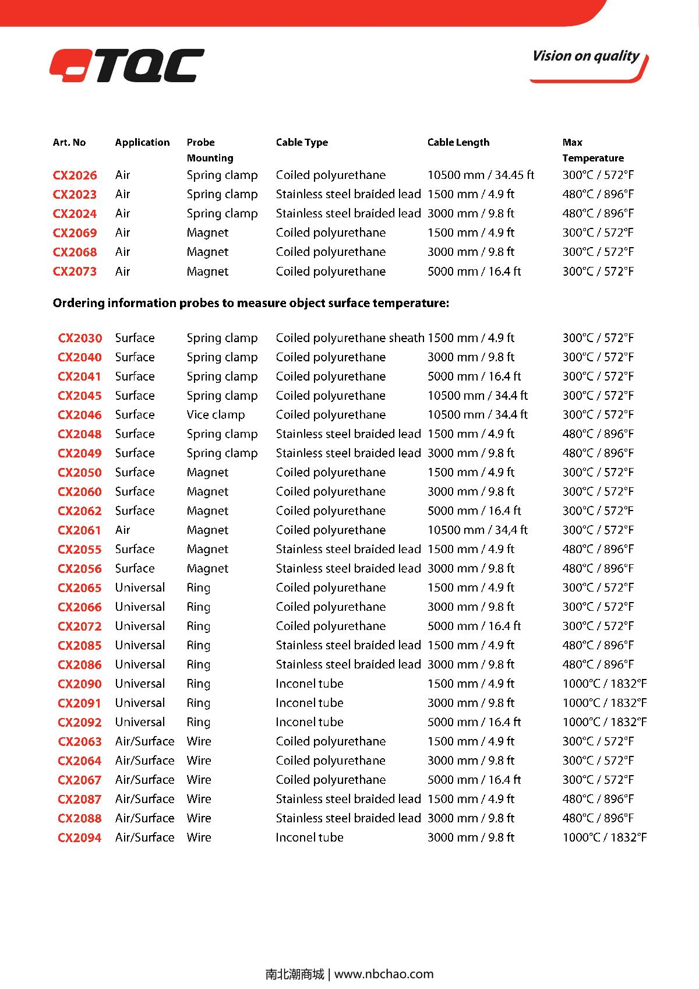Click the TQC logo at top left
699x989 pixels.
point(127,66)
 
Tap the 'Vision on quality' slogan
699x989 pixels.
point(585,57)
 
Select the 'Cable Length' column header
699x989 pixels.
point(458,142)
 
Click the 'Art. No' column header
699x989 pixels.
point(69,142)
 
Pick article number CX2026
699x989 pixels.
point(75,175)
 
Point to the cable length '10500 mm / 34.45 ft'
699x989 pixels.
point(481,175)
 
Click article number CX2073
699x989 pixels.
point(75,271)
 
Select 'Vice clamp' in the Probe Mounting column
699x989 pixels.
point(216,414)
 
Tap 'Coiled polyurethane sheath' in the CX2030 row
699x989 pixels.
point(349,337)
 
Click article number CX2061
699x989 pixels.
point(79,530)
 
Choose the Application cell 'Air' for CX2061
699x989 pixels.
point(122,530)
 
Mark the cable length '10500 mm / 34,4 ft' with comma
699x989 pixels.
point(477,530)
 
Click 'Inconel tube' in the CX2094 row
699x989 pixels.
point(309,837)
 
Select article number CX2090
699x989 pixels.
point(79,684)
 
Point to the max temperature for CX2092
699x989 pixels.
point(604,722)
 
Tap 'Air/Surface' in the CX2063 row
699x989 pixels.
point(144,741)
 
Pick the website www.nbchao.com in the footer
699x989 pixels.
point(384,974)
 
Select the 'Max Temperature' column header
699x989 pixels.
point(592,150)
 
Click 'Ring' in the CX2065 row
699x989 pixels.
point(198,587)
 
